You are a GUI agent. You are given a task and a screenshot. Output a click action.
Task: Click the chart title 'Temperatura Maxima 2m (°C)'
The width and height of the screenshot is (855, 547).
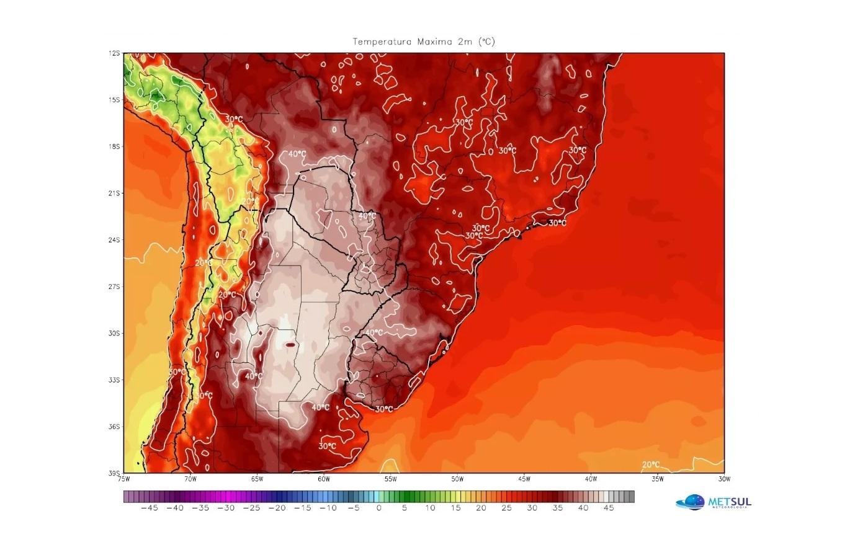pos(424,42)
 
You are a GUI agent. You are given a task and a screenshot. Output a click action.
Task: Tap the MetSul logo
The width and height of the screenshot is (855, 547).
pos(714,502)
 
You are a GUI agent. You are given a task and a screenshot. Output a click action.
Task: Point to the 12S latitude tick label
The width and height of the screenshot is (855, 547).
pos(114,53)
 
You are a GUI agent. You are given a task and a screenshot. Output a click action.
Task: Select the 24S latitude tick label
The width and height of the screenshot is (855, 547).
pos(114,240)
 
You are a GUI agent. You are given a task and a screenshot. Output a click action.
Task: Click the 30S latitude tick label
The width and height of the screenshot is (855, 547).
pos(114,333)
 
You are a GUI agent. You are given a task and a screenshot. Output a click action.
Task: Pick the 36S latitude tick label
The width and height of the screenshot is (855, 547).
pos(114,427)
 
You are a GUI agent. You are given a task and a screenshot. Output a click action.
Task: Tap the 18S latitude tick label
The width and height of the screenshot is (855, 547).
pos(114,146)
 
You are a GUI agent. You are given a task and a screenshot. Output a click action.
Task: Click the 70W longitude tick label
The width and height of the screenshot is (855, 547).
pos(190,479)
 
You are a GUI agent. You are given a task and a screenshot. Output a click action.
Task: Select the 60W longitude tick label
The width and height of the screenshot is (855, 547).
pos(324,479)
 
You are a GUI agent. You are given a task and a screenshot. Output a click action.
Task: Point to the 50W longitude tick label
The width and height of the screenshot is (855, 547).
pos(457,479)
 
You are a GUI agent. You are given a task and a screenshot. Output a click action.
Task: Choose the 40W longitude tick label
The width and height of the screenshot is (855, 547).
pos(591,479)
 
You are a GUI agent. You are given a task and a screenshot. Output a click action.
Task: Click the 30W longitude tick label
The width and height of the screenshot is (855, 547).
pos(723,479)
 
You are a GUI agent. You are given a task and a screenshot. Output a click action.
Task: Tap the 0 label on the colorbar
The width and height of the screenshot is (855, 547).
pos(379,508)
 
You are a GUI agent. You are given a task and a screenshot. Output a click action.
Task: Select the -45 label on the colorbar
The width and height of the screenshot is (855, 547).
pos(149,508)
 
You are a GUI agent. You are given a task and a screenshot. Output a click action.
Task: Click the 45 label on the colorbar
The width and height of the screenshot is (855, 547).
pos(609,508)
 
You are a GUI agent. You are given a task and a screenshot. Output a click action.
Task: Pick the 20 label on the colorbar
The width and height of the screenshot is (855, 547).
pos(481,508)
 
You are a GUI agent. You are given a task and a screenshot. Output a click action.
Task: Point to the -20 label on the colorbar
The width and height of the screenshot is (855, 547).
pos(277,508)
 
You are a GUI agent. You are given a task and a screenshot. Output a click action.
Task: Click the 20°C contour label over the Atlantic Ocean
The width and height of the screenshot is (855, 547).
pos(651,465)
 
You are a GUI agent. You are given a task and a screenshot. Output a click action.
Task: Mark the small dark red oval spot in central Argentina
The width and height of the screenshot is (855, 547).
pos(290,344)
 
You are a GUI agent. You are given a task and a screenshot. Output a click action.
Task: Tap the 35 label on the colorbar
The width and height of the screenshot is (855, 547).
pos(558,508)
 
